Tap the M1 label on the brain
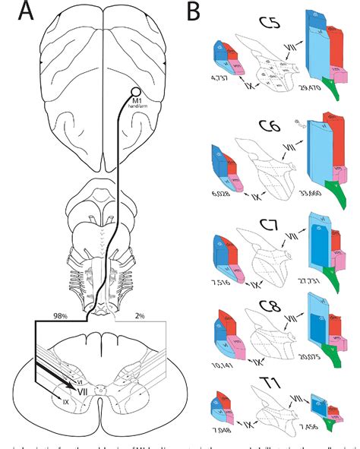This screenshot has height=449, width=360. pos(137,101)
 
